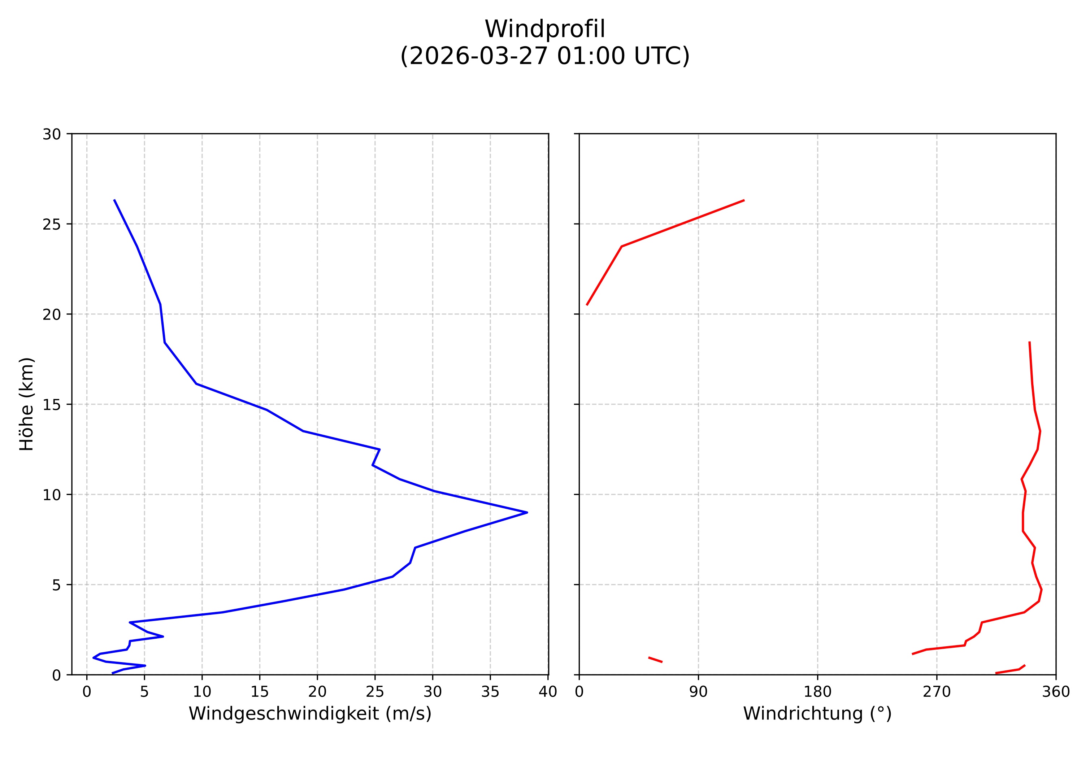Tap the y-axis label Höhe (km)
[27, 404]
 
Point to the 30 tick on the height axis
[52, 134]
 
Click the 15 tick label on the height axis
[52, 405]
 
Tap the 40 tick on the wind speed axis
[548, 692]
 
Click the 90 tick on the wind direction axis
[698, 692]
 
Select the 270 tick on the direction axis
[937, 692]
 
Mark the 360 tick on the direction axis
[1056, 692]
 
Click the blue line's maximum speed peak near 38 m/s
[527, 513]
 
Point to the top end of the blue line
[114, 200]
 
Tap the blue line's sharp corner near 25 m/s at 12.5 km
[379, 449]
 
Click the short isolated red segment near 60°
[655, 660]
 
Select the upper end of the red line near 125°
[743, 200]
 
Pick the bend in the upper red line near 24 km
[621, 246]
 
